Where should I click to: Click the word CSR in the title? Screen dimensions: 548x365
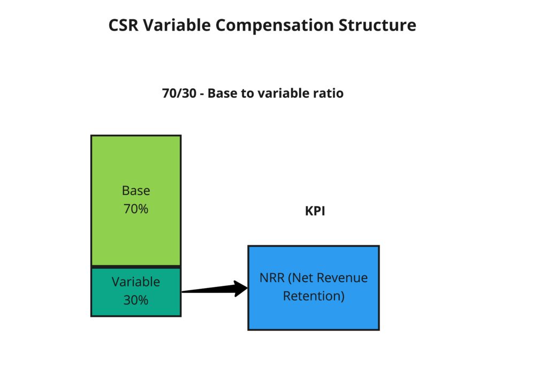coord(124,25)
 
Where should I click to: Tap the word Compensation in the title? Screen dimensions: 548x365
coord(274,26)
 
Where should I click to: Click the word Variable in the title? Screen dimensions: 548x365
coord(177,25)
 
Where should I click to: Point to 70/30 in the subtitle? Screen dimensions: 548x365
coord(179,93)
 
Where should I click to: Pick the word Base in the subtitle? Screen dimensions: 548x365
coord(222,93)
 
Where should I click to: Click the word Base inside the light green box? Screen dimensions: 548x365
coord(136,191)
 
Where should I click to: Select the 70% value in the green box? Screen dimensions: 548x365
coord(136,208)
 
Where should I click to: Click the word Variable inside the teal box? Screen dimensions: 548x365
coord(136,282)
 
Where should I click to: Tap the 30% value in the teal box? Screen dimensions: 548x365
coord(136,300)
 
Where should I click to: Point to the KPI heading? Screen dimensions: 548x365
coord(315,211)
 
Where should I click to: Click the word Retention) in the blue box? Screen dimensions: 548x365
coord(314,296)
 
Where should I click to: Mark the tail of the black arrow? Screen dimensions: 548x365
coord(182,291)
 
